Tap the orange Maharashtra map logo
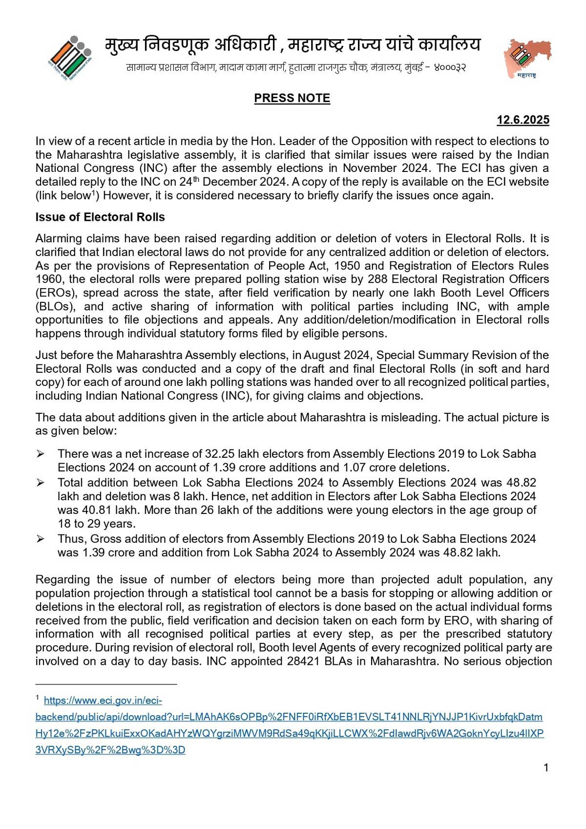click(x=527, y=58)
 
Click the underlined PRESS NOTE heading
click(x=292, y=98)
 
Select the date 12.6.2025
click(x=523, y=120)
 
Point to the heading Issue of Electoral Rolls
click(x=100, y=217)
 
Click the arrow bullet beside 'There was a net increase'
click(x=41, y=454)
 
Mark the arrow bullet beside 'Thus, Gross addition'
click(x=41, y=539)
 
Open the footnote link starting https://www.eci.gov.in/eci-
click(x=103, y=701)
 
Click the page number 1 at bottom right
click(x=546, y=767)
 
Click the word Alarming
click(x=58, y=238)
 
